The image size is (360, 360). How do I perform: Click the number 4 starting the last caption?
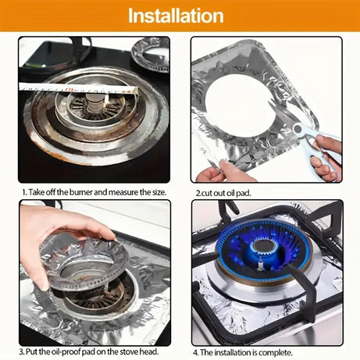[196, 351]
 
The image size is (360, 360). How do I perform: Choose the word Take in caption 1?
[36, 191]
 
